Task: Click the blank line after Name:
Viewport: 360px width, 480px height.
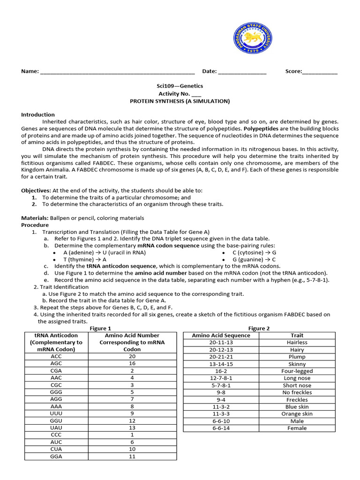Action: click(117, 72)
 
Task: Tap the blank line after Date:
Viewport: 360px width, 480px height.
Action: click(242, 72)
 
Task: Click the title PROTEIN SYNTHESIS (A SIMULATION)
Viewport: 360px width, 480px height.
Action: click(180, 101)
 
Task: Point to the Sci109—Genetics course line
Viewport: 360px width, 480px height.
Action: click(180, 86)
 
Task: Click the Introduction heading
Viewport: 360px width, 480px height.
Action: click(38, 114)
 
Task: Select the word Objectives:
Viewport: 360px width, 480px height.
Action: click(36, 190)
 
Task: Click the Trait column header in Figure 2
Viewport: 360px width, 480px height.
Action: click(297, 335)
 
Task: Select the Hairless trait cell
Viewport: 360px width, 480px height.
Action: click(297, 342)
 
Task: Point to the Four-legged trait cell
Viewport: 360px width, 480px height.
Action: click(297, 371)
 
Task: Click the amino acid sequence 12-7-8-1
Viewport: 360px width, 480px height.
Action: click(221, 378)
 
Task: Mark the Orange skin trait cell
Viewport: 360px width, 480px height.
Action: click(297, 414)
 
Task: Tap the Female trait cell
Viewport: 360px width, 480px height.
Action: click(297, 428)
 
